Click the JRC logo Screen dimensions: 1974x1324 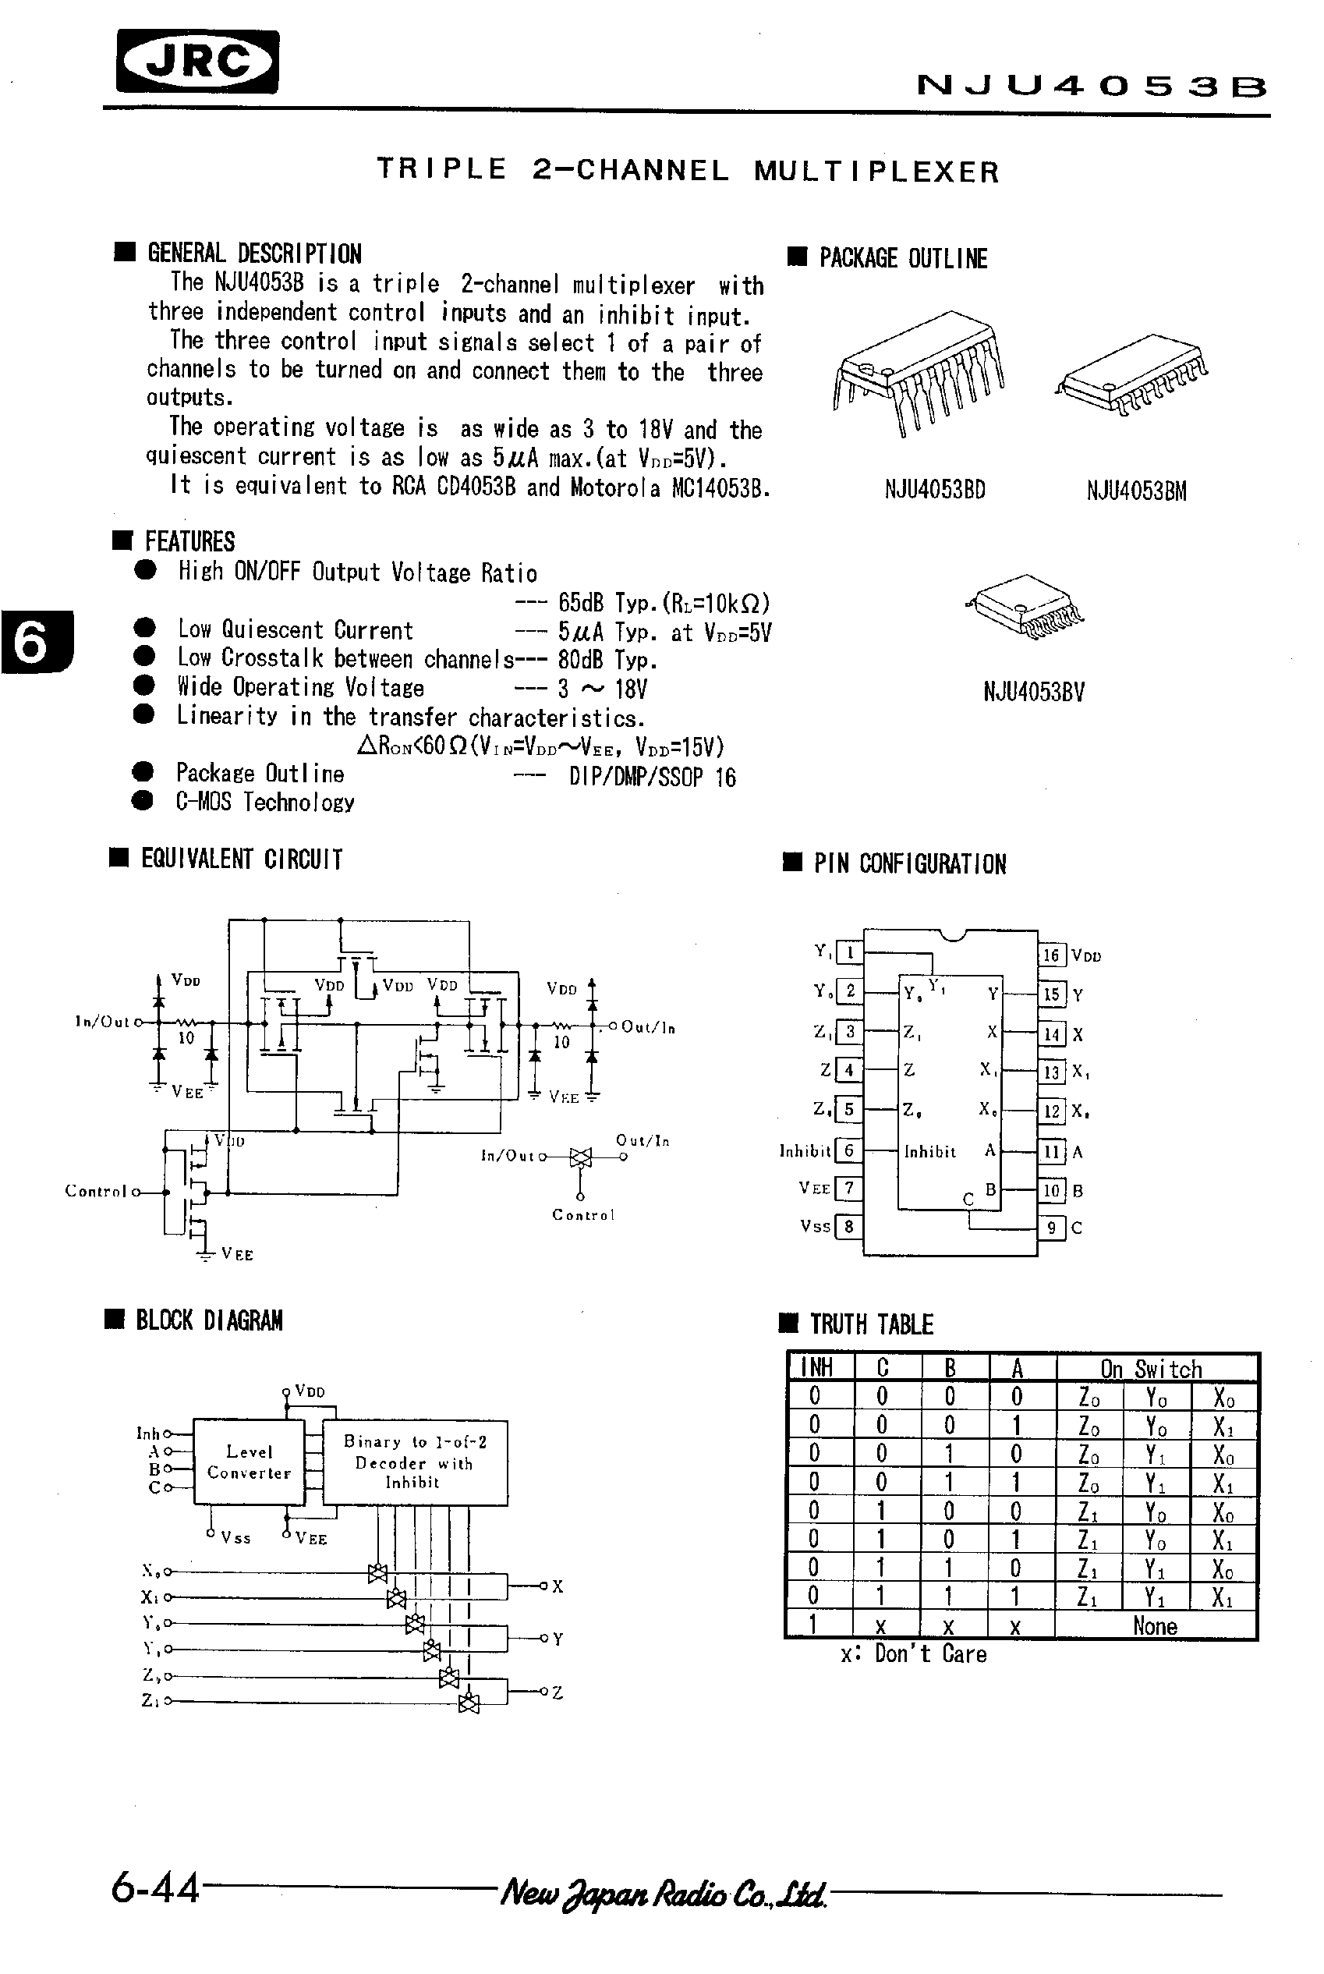[x=197, y=61]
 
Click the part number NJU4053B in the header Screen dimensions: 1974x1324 [x=1091, y=86]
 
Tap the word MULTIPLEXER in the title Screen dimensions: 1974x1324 [x=876, y=172]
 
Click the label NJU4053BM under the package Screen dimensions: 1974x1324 [x=1136, y=491]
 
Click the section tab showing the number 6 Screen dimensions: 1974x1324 [x=34, y=642]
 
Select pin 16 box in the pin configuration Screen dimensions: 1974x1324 [x=1050, y=955]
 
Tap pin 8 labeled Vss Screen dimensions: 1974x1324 [x=848, y=1225]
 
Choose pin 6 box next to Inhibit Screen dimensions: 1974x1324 [x=848, y=1150]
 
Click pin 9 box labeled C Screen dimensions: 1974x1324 [x=1050, y=1228]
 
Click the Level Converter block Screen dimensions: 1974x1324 [x=249, y=1462]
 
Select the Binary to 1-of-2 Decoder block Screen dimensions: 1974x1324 [x=414, y=1462]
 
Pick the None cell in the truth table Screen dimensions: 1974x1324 [x=1154, y=1626]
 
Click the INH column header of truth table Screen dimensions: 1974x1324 [x=817, y=1367]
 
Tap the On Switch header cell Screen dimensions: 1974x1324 [x=1151, y=1368]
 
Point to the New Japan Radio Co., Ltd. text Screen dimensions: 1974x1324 [x=664, y=1894]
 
